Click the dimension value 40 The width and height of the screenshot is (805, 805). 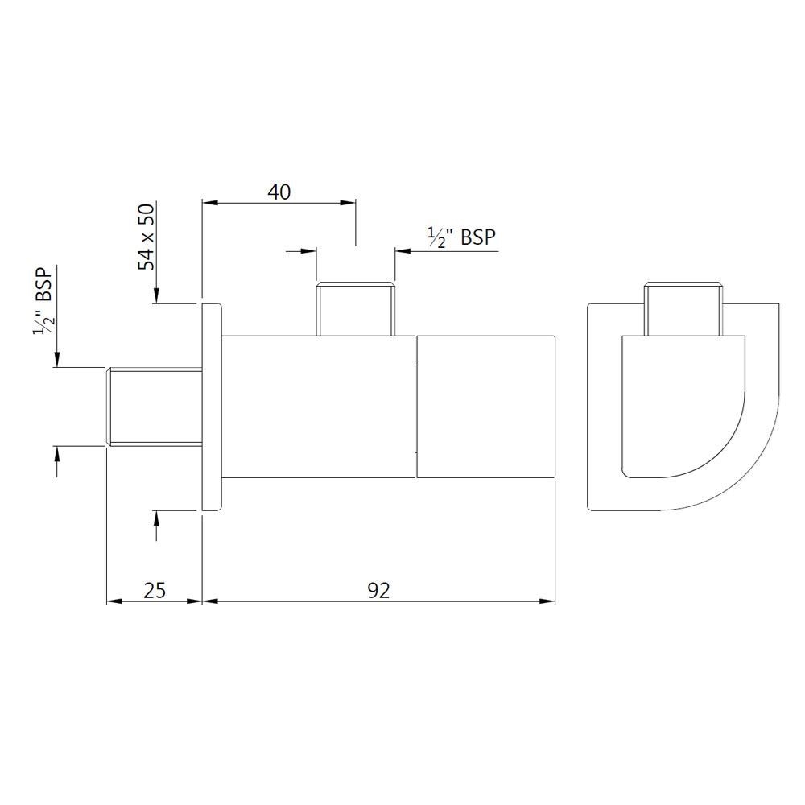(x=279, y=192)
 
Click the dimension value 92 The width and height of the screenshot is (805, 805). (x=378, y=590)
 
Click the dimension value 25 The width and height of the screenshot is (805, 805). (x=155, y=590)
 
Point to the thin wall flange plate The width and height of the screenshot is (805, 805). (x=210, y=407)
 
